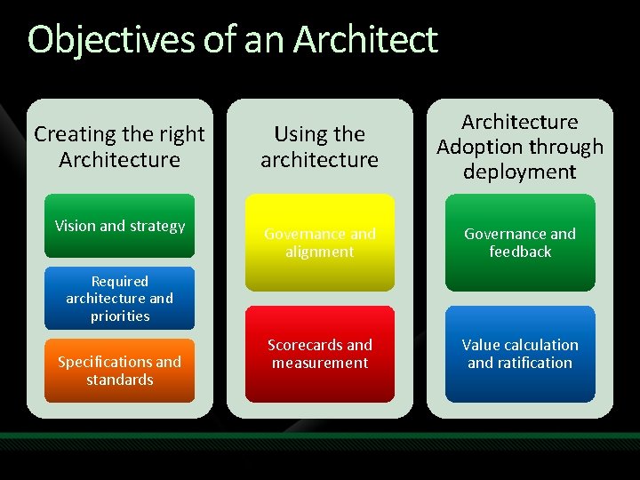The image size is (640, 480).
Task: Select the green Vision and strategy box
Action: pos(119,226)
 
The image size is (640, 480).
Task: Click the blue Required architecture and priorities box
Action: pos(119,299)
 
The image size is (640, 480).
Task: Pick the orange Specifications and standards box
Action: pos(119,371)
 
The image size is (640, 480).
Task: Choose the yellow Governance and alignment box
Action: pos(320,243)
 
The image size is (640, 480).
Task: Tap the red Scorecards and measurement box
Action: pos(320,354)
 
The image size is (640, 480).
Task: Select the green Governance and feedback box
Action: pos(520,243)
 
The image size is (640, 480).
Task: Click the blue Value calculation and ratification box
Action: pos(520,354)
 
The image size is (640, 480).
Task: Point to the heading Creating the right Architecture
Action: pos(119,147)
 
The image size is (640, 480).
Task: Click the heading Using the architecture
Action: pos(320,147)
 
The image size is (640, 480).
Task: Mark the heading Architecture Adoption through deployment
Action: pos(520,147)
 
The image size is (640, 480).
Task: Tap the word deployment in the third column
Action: pos(520,172)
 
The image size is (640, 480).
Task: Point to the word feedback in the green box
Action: pos(520,252)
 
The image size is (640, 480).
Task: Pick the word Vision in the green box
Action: pos(75,226)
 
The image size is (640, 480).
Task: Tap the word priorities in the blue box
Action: pos(119,316)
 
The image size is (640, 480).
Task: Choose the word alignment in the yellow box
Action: pos(320,252)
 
